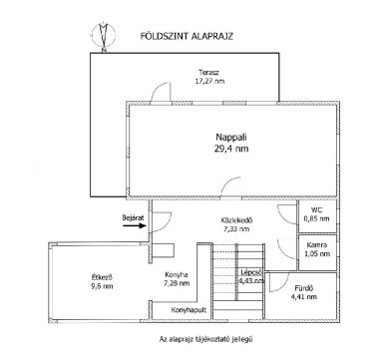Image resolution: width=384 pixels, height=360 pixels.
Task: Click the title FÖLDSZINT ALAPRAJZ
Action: (187, 36)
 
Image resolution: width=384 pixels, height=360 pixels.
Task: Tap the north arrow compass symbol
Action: (104, 36)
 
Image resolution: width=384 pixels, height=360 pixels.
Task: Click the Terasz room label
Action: (208, 72)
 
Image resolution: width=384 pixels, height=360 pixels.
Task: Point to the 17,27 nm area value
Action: (209, 81)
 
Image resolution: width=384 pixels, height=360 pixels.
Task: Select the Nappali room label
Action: (231, 137)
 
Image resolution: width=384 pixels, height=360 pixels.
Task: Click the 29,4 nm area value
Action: (231, 149)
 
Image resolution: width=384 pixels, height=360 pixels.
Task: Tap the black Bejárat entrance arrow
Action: (135, 225)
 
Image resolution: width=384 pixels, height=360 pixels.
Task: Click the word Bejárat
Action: (133, 218)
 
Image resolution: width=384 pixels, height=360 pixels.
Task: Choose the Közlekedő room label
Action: (237, 220)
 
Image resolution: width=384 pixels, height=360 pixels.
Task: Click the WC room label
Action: (316, 210)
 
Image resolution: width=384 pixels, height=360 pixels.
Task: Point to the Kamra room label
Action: (317, 245)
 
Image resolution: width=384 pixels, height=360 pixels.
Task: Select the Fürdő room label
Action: (304, 288)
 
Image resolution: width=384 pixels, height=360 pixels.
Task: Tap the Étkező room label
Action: (102, 276)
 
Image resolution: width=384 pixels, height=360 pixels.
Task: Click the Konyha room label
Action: (177, 275)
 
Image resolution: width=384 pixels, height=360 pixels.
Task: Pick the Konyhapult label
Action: (189, 310)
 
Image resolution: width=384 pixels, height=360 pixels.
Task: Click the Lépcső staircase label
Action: (251, 272)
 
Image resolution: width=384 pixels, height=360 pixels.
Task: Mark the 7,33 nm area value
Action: (237, 229)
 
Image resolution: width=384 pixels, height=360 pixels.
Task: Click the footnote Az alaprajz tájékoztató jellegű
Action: (206, 339)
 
